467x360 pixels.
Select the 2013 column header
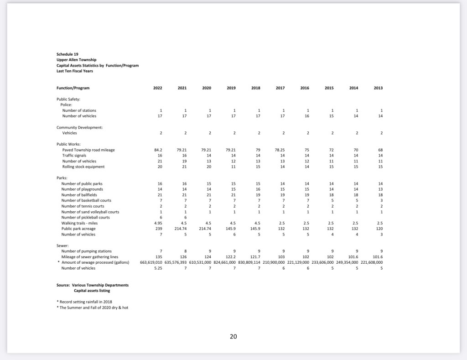378,88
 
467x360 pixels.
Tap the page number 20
233,337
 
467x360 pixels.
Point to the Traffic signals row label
74,156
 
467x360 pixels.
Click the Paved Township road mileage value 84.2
159,150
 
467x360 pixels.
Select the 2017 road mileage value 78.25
280,150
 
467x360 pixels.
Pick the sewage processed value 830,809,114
248,263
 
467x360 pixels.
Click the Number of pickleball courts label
85,218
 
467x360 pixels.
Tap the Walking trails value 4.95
158,223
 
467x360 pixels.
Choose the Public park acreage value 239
159,229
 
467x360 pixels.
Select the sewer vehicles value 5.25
158,268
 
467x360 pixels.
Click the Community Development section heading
79,127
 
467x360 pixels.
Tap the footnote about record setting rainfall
84,302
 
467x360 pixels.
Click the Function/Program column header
73,88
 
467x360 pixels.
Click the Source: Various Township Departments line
93,285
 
